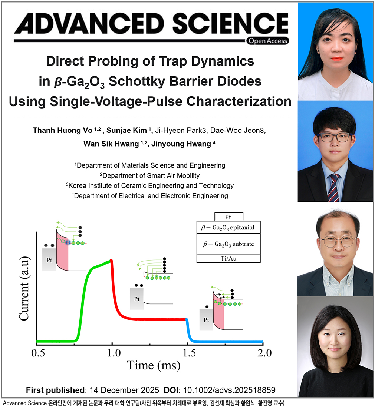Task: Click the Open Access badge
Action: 268,41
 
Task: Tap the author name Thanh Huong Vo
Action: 63,130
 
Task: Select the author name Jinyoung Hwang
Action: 181,144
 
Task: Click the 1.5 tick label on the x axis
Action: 189,353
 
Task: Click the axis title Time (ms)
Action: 153,366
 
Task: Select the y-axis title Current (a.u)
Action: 24,288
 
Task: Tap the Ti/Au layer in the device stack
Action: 228,258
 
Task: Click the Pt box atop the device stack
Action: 228,217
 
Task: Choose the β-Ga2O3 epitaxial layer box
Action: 228,227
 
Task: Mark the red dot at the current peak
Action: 111,260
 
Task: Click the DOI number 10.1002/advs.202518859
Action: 229,390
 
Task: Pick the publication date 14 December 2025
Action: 124,390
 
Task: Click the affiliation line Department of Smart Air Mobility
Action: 150,175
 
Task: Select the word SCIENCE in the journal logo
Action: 230,24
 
